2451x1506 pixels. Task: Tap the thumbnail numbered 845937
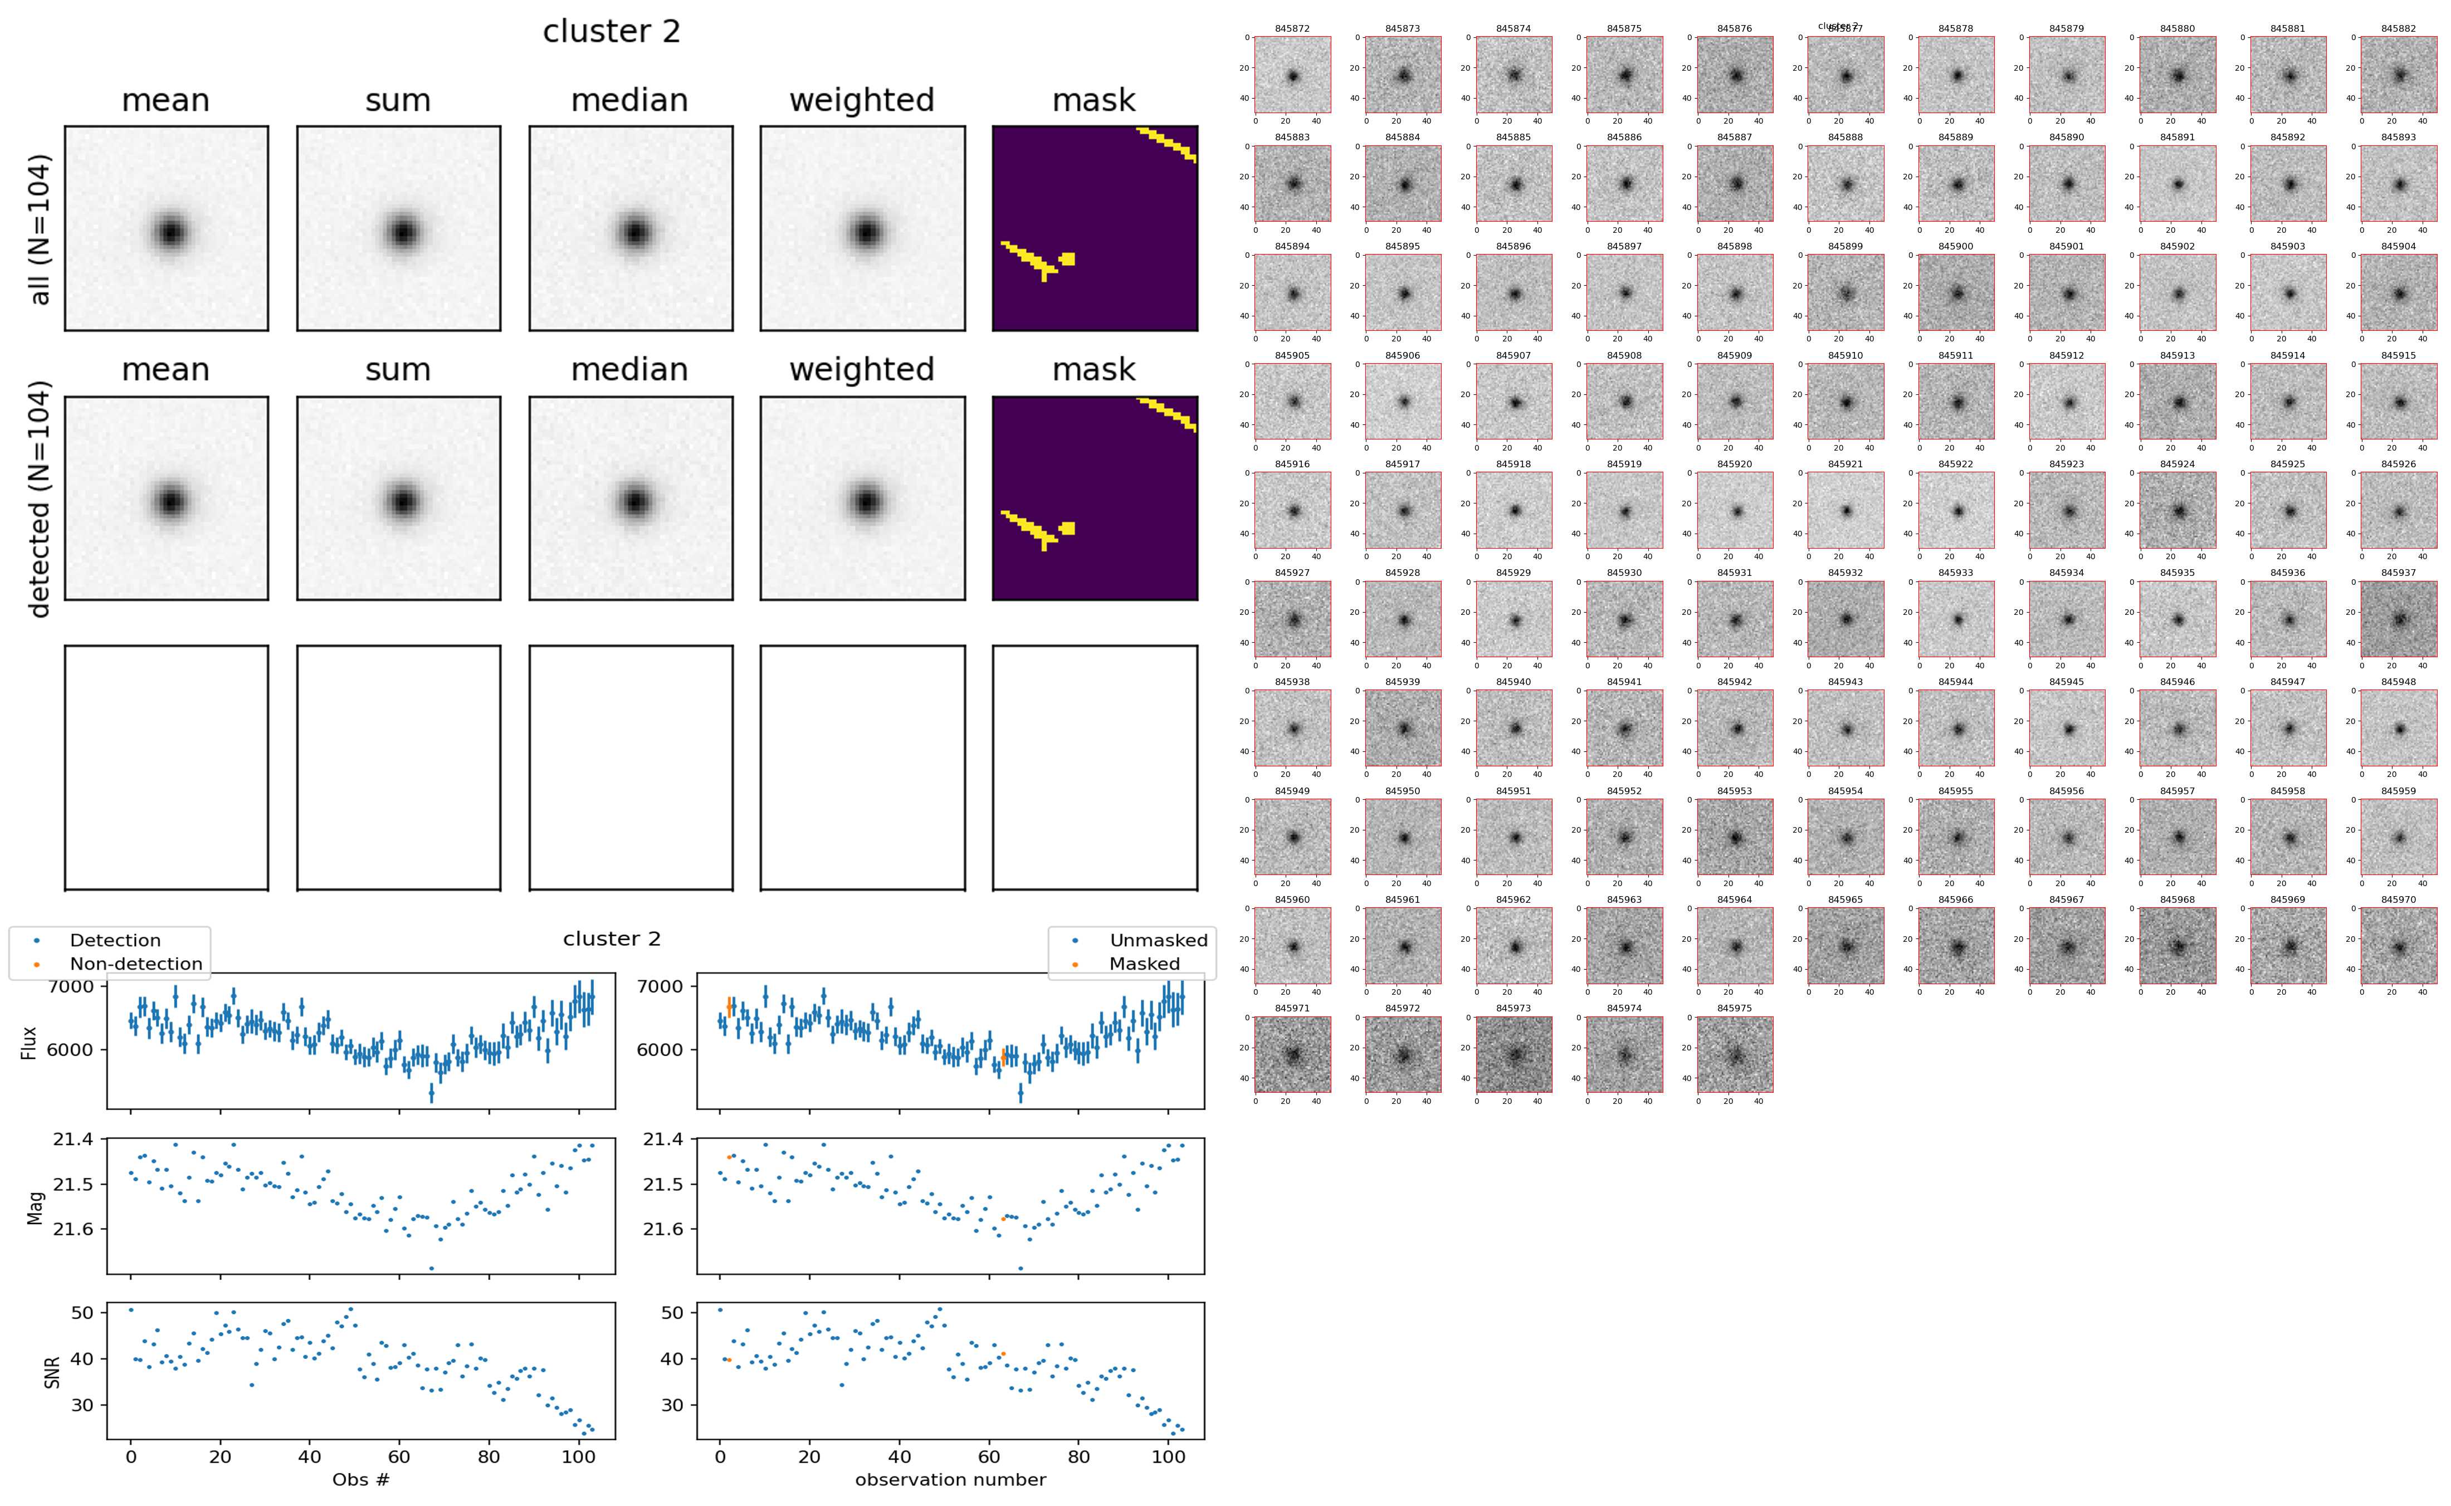pos(2398,619)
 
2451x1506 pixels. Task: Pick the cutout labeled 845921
pos(1844,510)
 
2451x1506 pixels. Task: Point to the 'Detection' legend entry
pos(115,940)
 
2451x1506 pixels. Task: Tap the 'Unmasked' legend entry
pos(1158,940)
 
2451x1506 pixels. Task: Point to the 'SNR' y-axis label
pos(53,1372)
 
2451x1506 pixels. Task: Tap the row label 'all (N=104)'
pos(40,229)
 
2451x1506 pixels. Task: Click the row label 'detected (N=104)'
pos(40,498)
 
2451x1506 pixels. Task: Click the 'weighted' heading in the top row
pos(862,101)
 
